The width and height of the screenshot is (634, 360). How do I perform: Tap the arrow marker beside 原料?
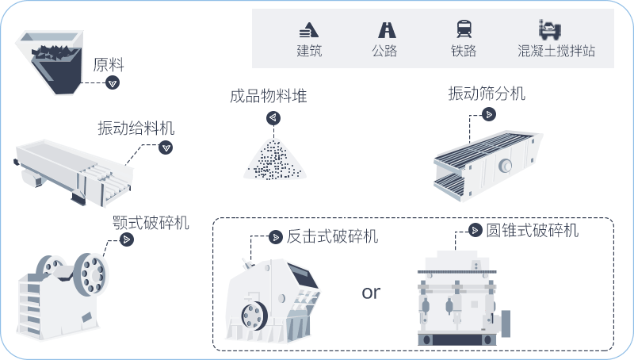tap(113, 82)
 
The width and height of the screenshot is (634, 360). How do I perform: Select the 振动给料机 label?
tap(136, 128)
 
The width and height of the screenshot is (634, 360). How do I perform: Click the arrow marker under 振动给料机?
tap(166, 147)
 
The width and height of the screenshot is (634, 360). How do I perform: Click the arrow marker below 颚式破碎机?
tap(127, 239)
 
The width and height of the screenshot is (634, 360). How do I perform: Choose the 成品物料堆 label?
tap(268, 97)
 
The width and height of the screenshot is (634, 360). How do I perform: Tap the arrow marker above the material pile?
tap(273, 118)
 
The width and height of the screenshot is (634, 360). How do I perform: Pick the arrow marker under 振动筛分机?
tap(490, 114)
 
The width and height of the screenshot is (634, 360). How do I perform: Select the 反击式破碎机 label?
tap(333, 236)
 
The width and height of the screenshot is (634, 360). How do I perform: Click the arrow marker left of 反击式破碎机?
tap(275, 236)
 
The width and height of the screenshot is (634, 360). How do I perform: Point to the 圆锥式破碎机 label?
tap(533, 231)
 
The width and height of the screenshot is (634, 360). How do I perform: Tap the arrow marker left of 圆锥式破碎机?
tap(475, 231)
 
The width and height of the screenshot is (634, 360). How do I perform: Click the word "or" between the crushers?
tap(371, 293)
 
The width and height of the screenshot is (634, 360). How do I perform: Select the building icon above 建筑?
tap(309, 30)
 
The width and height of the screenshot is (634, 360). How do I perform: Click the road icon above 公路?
tap(387, 30)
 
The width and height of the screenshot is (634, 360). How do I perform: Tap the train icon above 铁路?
tap(464, 30)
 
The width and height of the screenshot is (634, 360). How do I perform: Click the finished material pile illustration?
tap(274, 159)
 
